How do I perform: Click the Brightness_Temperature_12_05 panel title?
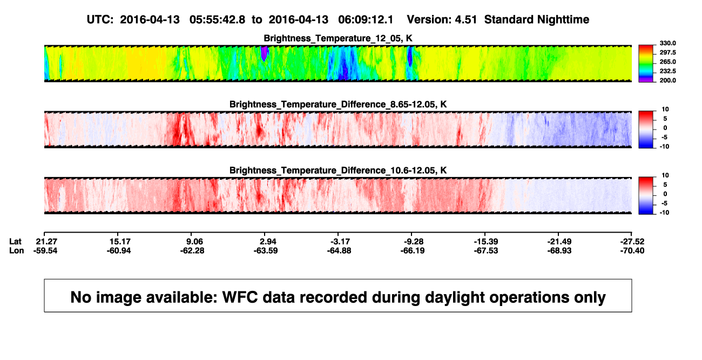click(338, 38)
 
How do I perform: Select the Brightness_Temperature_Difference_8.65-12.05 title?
click(338, 104)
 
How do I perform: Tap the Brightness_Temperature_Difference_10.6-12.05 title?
click(338, 171)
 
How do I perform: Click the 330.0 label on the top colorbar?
click(667, 43)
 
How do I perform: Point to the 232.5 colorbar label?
click(667, 71)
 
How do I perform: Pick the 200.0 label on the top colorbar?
click(667, 80)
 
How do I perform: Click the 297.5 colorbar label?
click(667, 53)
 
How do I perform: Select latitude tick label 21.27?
click(46, 242)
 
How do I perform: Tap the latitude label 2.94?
click(268, 242)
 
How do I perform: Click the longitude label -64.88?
click(339, 250)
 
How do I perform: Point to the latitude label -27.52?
click(632, 242)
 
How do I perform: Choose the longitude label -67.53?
click(486, 250)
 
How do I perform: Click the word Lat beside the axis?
click(15, 242)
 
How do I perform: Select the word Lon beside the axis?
click(16, 250)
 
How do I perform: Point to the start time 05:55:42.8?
click(217, 20)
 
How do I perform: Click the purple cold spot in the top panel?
click(265, 53)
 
